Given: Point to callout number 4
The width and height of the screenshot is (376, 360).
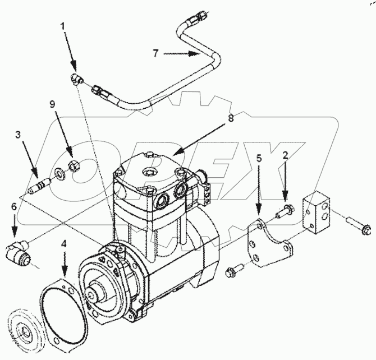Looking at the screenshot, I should coord(65,244).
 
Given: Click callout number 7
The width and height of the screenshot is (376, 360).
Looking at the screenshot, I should coord(157,53).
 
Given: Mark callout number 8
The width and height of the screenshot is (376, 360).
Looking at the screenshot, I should coord(232,119).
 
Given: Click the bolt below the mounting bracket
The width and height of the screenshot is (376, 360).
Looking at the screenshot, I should coord(233,272).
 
